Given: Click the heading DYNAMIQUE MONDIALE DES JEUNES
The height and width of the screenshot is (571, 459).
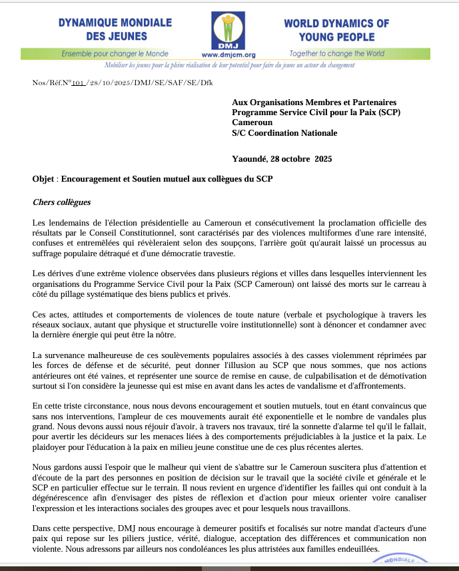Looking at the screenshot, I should pos(115,30).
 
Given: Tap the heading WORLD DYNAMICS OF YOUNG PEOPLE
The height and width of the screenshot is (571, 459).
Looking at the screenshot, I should pos(336,30).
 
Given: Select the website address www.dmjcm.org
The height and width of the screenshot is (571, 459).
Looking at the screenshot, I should pos(229,55).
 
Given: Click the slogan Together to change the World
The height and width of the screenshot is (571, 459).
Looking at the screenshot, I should pos(336,53).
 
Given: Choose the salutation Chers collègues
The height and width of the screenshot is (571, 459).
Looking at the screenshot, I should pos(61,202).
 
